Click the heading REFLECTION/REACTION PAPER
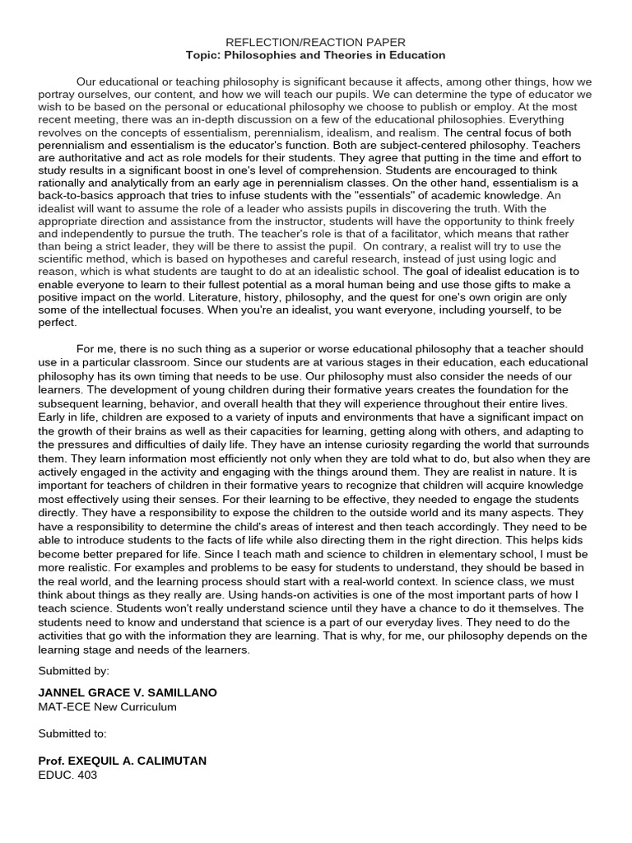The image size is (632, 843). pyautogui.click(x=316, y=42)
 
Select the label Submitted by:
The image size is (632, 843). pyautogui.click(x=73, y=671)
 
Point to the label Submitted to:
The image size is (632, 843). pyautogui.click(x=72, y=733)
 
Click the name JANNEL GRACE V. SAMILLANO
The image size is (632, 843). pyautogui.click(x=128, y=692)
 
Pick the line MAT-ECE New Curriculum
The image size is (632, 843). pyautogui.click(x=107, y=706)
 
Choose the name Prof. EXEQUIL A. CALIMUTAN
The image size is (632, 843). pyautogui.click(x=123, y=761)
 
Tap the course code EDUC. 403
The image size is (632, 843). pyautogui.click(x=67, y=775)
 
